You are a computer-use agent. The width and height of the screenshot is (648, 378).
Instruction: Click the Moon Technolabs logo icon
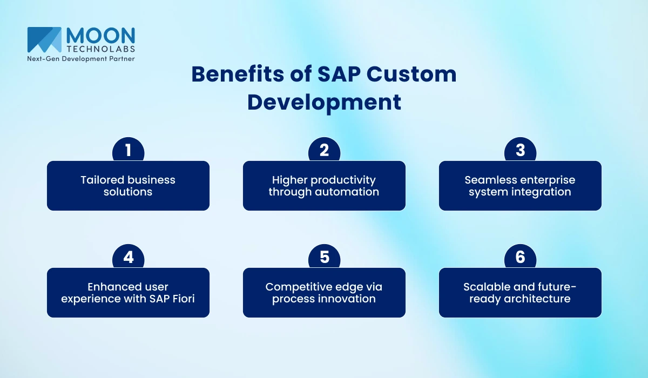[x=44, y=39]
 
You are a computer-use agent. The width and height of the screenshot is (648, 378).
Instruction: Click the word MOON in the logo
[x=100, y=36]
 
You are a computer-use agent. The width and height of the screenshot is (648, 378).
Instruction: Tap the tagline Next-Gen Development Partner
[x=81, y=58]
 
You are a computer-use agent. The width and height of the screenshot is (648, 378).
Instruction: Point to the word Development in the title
[x=324, y=102]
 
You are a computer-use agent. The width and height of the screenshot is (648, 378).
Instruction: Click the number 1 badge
[x=128, y=150]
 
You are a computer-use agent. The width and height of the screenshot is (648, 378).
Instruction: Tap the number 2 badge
[x=324, y=150]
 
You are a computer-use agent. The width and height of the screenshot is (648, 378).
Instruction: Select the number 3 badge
[x=520, y=150]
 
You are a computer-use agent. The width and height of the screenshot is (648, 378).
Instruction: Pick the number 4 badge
[x=128, y=256]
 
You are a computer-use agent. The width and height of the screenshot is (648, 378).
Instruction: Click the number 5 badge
[x=324, y=256]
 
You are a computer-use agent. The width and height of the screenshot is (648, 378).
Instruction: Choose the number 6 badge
[x=520, y=256]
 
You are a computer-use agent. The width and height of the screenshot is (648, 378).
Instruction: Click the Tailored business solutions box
[x=128, y=186]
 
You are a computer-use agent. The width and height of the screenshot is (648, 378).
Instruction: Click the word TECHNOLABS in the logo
[x=100, y=49]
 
